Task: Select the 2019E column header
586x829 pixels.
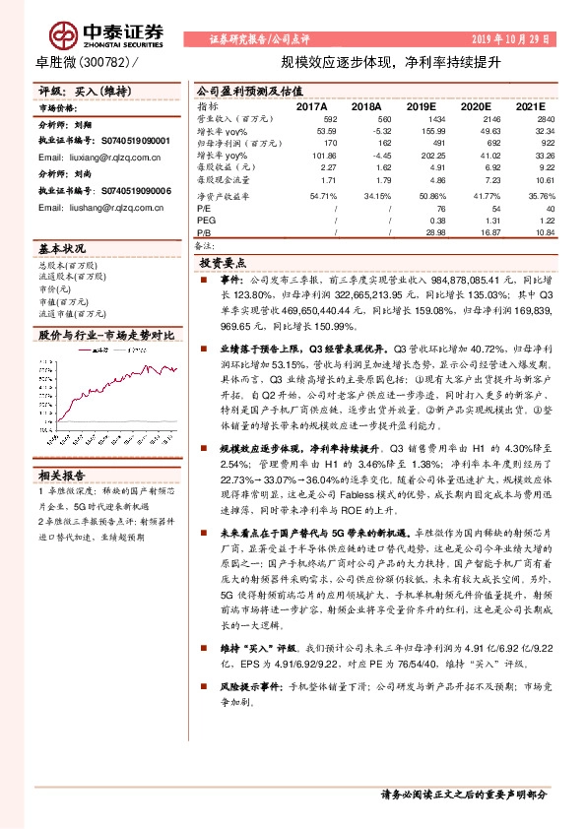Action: (421, 104)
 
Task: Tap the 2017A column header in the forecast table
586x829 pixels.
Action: (311, 104)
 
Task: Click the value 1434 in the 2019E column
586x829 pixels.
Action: (421, 118)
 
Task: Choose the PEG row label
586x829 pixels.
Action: (205, 221)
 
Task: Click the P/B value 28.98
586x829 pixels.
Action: (420, 232)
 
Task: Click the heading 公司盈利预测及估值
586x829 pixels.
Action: (241, 90)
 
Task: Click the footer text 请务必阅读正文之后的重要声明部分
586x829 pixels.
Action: (463, 795)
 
